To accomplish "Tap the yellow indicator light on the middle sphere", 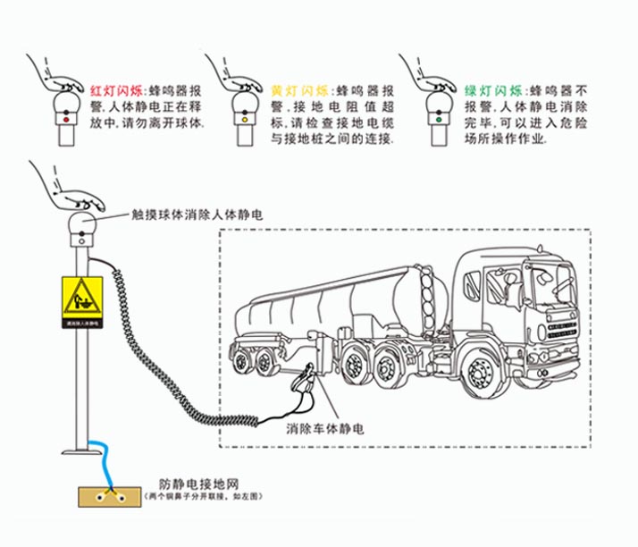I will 244,117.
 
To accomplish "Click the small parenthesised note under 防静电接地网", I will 195,497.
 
